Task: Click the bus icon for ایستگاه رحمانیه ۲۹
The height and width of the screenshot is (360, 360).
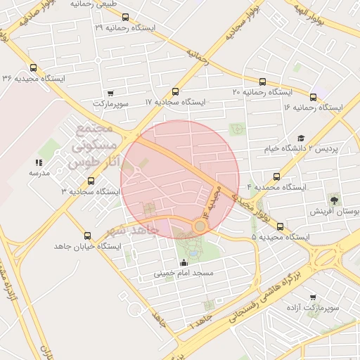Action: (x=125, y=17)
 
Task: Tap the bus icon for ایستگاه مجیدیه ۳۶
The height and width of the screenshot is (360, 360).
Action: (x=34, y=68)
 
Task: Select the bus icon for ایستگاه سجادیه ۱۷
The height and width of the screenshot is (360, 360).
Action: (x=174, y=91)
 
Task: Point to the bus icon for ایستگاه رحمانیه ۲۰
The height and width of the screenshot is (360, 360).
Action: (x=262, y=82)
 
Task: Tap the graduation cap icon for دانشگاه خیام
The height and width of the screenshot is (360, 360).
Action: (x=301, y=139)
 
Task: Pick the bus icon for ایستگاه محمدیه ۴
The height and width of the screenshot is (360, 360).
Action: (x=276, y=177)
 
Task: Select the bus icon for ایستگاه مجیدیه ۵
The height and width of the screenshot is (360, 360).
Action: (x=281, y=226)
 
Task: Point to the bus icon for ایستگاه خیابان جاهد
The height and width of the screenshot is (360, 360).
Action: (x=87, y=236)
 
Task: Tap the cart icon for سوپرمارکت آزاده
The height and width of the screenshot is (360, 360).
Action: (x=313, y=297)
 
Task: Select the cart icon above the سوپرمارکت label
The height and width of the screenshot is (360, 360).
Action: (x=110, y=92)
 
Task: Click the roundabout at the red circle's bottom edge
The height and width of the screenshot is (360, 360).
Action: (x=200, y=226)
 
